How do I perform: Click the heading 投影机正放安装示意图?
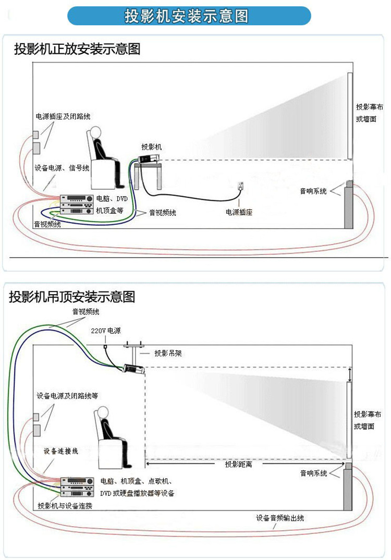77,50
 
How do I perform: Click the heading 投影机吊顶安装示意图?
72,297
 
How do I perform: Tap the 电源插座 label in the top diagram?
239,212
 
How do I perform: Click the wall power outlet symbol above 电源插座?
240,186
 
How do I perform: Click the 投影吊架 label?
168,353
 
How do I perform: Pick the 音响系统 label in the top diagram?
313,191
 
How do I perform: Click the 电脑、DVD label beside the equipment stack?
112,199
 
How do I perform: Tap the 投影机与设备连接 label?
65,506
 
